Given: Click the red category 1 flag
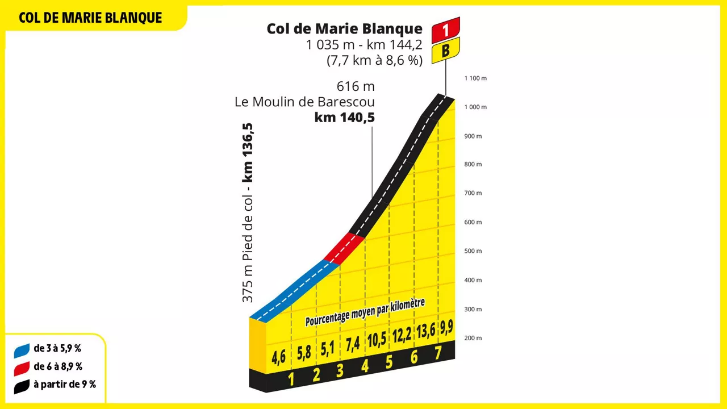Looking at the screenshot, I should pyautogui.click(x=446, y=30).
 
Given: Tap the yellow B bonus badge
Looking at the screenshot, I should pyautogui.click(x=446, y=51).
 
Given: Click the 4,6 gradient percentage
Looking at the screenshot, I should pyautogui.click(x=278, y=357).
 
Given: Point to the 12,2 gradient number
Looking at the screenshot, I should pyautogui.click(x=402, y=334).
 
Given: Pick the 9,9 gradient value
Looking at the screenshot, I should pyautogui.click(x=446, y=327).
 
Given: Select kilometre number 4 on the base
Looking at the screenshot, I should pyautogui.click(x=365, y=366).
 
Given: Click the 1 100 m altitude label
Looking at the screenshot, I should pyautogui.click(x=475, y=78).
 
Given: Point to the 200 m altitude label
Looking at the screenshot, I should pyautogui.click(x=473, y=338).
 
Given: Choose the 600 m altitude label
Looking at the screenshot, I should pyautogui.click(x=473, y=222).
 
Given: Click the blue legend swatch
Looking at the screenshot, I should pyautogui.click(x=22, y=350).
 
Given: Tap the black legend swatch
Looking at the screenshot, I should pyautogui.click(x=22, y=386).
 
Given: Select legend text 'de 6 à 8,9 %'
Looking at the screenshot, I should pyautogui.click(x=58, y=367).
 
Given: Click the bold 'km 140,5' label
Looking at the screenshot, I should pyautogui.click(x=344, y=118).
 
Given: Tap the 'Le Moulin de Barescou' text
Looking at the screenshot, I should pyautogui.click(x=304, y=102).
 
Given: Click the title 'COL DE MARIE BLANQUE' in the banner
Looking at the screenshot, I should pyautogui.click(x=90, y=18).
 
